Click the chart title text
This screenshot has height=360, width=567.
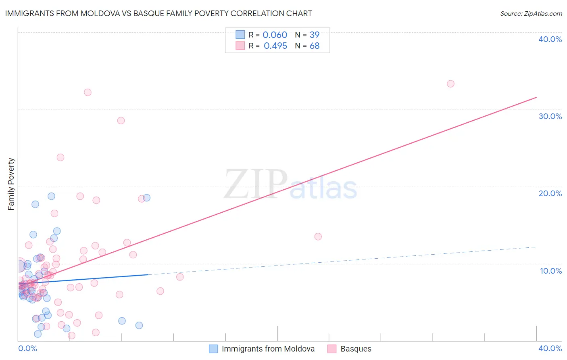point(158,13)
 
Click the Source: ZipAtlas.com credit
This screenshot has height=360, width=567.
point(531,14)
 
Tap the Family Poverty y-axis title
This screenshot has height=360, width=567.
point(11,184)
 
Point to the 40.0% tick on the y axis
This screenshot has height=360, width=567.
point(550,39)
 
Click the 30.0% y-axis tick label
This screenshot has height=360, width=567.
point(550,116)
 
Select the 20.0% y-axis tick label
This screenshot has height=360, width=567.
point(550,193)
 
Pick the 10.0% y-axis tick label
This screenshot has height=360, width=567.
point(550,271)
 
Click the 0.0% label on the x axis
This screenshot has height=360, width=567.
point(27,348)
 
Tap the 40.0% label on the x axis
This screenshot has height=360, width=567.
point(550,348)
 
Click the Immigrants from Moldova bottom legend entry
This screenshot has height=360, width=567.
point(268,349)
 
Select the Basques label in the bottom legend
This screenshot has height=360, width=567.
point(356,349)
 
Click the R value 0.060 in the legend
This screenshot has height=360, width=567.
point(275,35)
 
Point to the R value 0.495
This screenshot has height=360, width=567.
point(275,46)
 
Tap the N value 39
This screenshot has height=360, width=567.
point(315,35)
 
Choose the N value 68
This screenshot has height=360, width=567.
point(315,46)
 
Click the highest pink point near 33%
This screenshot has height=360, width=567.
point(450,84)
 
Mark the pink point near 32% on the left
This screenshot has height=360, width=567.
point(88,92)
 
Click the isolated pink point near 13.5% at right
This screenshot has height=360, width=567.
point(318,237)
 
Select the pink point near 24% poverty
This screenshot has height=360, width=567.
point(60,157)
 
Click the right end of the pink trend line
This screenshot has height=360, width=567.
point(536,97)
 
